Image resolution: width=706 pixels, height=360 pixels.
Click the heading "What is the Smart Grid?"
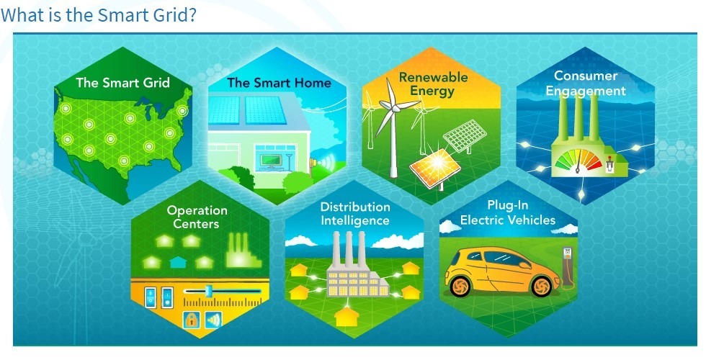point(99,15)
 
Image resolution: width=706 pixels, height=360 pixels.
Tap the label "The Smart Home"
point(280,83)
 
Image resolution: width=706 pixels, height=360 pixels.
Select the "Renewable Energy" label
point(433,84)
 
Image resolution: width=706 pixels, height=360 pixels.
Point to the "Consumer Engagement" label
point(586,84)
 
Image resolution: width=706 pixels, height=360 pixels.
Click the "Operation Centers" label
point(197,217)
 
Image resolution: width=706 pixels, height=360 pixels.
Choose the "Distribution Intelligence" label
point(354,214)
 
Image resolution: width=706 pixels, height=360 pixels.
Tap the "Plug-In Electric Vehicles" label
point(508,213)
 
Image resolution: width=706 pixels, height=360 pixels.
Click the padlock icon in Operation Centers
point(192,320)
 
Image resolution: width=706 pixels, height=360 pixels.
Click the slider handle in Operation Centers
point(208,291)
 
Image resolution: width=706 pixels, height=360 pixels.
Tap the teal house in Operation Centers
point(177,262)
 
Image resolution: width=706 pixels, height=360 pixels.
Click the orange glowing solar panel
point(434,168)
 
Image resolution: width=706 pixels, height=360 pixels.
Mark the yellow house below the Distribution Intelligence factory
point(347,315)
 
